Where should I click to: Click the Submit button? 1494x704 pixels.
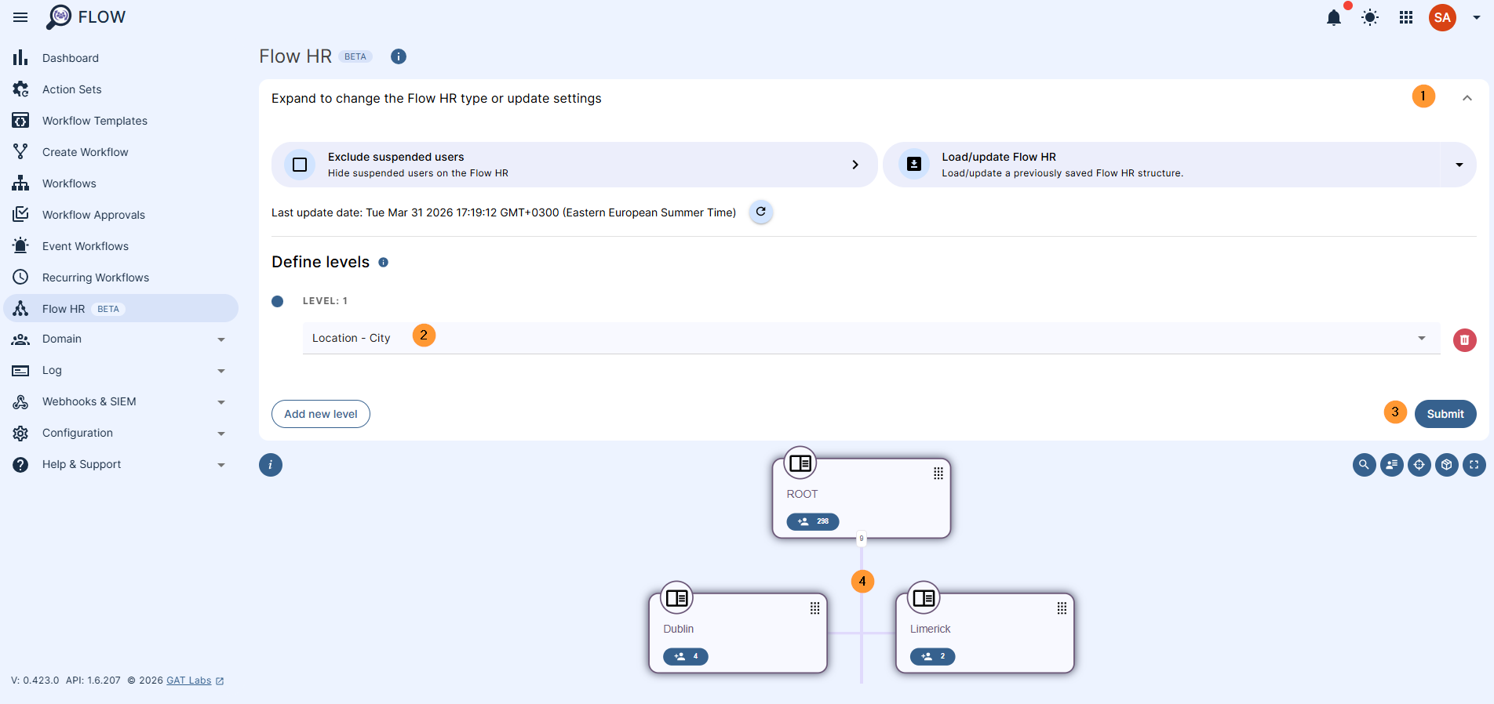tap(1445, 414)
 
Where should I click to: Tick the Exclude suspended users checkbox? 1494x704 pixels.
tap(300, 165)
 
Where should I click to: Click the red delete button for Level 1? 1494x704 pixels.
tap(1464, 340)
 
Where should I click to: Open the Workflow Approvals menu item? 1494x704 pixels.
tap(93, 215)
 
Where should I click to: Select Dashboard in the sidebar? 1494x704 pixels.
tap(70, 58)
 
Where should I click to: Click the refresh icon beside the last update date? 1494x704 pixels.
tap(760, 212)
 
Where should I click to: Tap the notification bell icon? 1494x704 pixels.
tap(1333, 18)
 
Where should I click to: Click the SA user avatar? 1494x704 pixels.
tap(1442, 17)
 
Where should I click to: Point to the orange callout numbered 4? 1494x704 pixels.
tap(862, 581)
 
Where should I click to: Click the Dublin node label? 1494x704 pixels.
tap(678, 629)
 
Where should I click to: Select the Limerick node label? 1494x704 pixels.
tap(930, 629)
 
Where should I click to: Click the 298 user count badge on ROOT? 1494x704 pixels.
tap(813, 521)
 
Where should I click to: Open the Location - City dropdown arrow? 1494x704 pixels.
tap(1421, 338)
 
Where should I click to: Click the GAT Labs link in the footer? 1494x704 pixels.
tap(188, 680)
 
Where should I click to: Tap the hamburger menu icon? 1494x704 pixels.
tap(20, 17)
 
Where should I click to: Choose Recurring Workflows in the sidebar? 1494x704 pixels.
tap(95, 278)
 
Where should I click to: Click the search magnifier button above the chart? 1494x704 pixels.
tap(1364, 465)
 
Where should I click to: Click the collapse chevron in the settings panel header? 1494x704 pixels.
tap(1467, 98)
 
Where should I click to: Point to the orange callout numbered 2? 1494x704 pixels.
tap(424, 336)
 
